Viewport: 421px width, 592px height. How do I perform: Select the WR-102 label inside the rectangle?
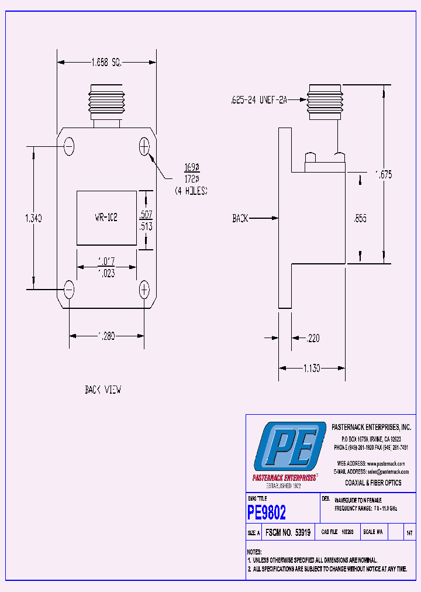coord(106,217)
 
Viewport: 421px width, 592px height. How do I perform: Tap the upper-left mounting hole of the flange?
coord(69,146)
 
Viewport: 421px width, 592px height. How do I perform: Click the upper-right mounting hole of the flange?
coord(144,146)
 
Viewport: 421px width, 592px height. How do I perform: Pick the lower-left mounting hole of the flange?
coord(69,288)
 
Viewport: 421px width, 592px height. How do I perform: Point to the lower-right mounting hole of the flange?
coord(144,288)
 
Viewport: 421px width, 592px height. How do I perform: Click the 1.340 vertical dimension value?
coord(33,218)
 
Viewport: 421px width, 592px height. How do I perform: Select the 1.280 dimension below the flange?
coord(106,336)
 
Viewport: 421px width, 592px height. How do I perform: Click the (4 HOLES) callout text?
coord(191,191)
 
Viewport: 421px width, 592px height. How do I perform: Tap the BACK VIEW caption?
coord(103,390)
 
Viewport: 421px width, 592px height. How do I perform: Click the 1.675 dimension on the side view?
coord(384,174)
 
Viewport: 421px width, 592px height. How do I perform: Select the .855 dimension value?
coord(361,219)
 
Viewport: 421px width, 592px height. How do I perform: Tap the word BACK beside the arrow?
coord(240,218)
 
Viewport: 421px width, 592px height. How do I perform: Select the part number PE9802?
coord(267,513)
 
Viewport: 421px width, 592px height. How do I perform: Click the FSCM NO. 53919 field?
coord(288,533)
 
